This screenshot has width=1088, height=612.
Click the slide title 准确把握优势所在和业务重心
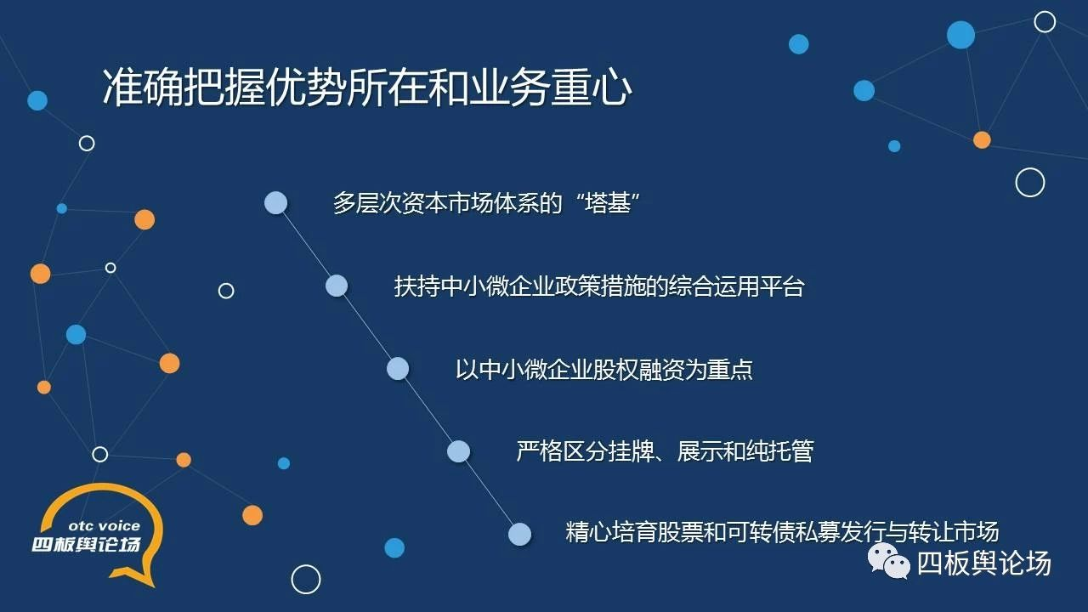[367, 88]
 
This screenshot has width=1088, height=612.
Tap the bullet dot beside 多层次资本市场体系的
[275, 202]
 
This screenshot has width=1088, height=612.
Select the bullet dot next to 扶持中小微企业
[337, 286]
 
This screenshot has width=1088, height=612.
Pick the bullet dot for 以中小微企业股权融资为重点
[398, 369]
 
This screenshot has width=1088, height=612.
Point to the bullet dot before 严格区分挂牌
[458, 451]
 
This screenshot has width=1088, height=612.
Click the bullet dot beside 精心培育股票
[519, 535]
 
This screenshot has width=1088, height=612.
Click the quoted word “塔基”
[608, 203]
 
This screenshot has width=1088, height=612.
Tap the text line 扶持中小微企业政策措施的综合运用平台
[599, 286]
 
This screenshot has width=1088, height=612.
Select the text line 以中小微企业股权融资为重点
[604, 369]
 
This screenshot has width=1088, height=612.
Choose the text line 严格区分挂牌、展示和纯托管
[665, 451]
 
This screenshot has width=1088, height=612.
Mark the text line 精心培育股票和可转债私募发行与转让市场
[782, 532]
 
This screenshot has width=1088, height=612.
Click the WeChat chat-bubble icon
[888, 561]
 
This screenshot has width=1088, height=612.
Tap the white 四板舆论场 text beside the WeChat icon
[984, 564]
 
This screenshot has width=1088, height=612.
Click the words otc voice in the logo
[105, 526]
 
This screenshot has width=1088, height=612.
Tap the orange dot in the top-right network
[982, 140]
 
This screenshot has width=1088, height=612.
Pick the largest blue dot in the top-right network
[960, 35]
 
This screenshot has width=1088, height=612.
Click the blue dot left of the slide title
[37, 100]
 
